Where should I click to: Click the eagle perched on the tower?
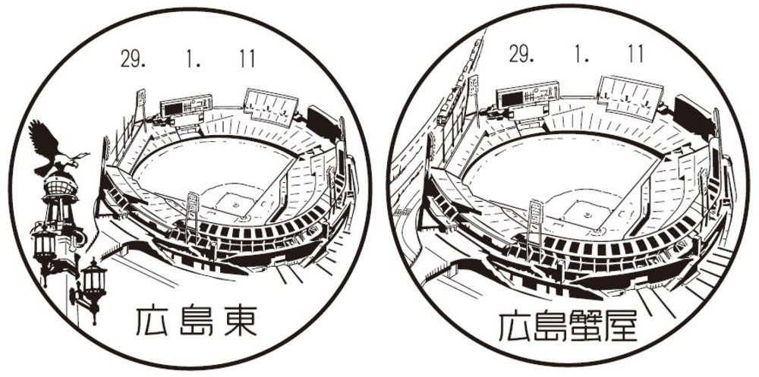pyautogui.click(x=53, y=149)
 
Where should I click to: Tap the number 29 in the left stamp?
pyautogui.click(x=132, y=59)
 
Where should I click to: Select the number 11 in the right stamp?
pyautogui.click(x=635, y=54)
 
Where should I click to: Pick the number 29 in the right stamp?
pyautogui.click(x=521, y=54)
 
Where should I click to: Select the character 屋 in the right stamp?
pyautogui.click(x=620, y=325)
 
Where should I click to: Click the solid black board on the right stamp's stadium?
pyautogui.click(x=693, y=118)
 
